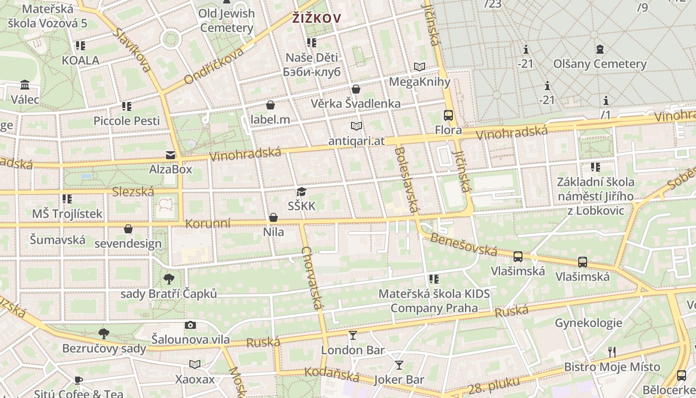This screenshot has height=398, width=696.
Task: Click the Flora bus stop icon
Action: pos(448,115)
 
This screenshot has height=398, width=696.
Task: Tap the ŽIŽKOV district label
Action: pos(317,19)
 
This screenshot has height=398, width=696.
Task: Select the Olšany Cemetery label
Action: pos(600,64)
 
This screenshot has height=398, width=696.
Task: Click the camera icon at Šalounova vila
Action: pos(190,325)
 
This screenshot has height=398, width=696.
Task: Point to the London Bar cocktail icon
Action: pos(353,335)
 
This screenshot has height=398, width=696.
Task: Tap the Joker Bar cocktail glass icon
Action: pos(399,365)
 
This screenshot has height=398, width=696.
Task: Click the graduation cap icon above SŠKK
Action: pos(301,192)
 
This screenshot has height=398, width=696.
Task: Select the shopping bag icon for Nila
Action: pos(273,217)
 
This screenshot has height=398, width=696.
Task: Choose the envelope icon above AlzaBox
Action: pos(171,155)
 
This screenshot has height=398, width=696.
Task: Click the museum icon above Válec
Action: pos(25,85)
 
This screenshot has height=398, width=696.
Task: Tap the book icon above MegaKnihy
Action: pos(420,67)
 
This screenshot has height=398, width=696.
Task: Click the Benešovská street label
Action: pos(463,244)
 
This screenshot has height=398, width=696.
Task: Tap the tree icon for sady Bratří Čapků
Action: pos(169,279)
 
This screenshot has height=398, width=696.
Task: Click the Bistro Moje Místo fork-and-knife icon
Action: pos(612,352)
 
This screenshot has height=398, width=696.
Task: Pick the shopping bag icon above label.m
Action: pos(270,105)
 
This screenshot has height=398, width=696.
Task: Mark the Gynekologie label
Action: pos(588,323)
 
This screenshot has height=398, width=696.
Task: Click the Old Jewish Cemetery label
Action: pos(227,20)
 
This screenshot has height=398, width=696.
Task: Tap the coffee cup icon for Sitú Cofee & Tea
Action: pos(79,380)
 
